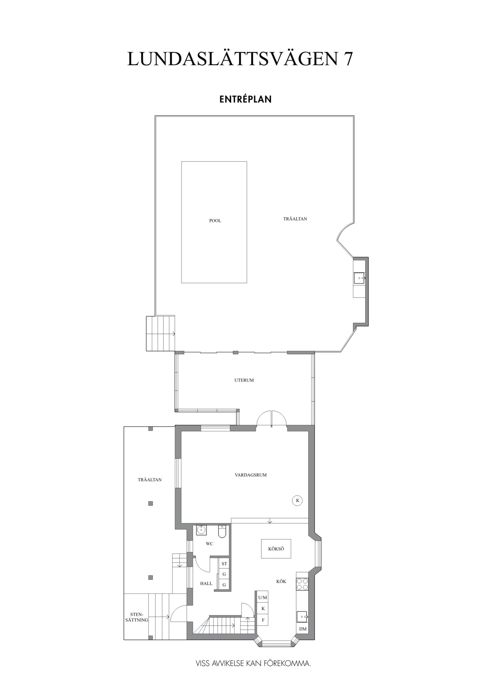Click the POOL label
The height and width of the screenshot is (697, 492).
pos(215,221)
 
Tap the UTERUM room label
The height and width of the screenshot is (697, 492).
pos(244,380)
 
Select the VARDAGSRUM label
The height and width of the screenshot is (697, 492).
pos(251,475)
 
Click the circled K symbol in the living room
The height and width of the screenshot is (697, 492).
pos(297,501)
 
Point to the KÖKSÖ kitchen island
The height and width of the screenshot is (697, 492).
pos(276,549)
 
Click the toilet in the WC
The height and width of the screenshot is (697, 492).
pos(222,531)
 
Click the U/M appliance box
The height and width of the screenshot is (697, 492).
pos(262,598)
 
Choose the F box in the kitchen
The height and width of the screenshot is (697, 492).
pos(263,620)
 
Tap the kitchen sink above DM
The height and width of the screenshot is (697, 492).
pos(302,617)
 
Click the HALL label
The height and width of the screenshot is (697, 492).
pos(206,583)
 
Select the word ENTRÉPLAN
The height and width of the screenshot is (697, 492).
pos(246,99)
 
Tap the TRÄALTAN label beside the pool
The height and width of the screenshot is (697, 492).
pos(295,219)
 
